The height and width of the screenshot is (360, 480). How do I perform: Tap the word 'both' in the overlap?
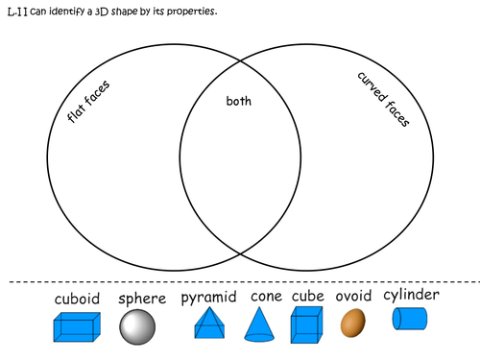pyautogui.click(x=237, y=101)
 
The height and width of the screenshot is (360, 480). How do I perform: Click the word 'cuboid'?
pyautogui.click(x=76, y=299)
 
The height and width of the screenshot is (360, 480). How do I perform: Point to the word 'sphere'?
pyautogui.click(x=142, y=299)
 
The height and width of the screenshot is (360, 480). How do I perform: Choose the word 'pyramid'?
pyautogui.click(x=209, y=299)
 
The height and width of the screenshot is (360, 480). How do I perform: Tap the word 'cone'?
pyautogui.click(x=266, y=298)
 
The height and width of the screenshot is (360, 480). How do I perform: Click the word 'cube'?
pyautogui.click(x=308, y=298)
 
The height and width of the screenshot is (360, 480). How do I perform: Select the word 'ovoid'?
pyautogui.click(x=353, y=298)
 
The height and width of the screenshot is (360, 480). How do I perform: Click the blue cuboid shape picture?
pyautogui.click(x=77, y=327)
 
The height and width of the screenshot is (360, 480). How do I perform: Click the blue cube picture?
pyautogui.click(x=306, y=325)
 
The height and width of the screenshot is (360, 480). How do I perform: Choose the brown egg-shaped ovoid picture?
pyautogui.click(x=352, y=323)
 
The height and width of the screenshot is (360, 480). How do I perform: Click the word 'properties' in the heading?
pyautogui.click(x=200, y=11)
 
